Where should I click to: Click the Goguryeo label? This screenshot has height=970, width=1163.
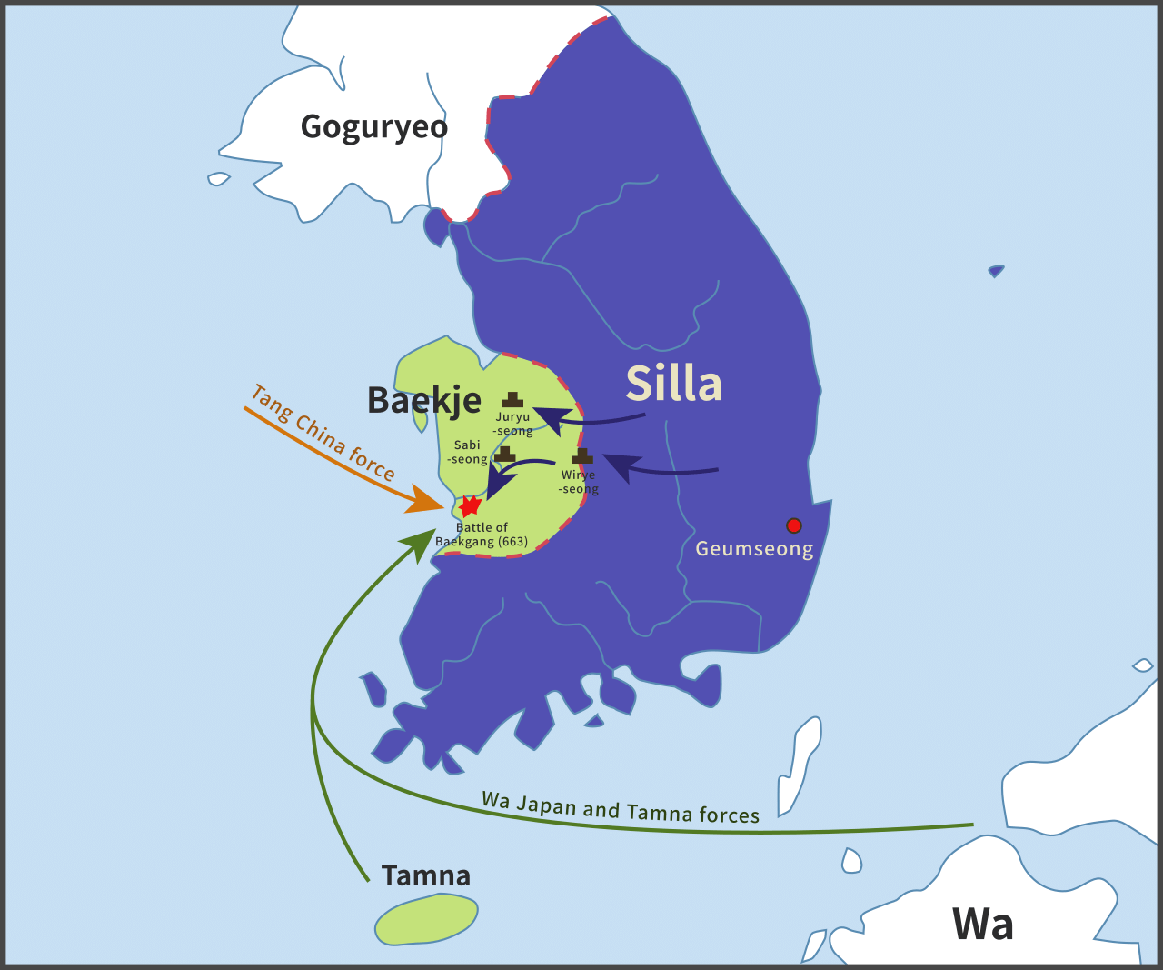tap(374, 127)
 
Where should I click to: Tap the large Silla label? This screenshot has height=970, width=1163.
tap(673, 384)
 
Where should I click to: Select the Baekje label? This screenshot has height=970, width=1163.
tap(423, 400)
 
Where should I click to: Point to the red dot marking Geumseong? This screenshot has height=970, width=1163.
tap(794, 525)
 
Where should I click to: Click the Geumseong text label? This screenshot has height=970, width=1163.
tap(754, 549)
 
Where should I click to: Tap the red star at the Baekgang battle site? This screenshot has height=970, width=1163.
tap(470, 506)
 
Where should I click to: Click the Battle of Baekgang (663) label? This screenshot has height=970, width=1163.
tap(482, 535)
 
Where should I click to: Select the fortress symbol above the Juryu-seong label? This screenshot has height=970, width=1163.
tap(512, 399)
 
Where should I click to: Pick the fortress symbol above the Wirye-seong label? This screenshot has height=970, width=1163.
tap(582, 456)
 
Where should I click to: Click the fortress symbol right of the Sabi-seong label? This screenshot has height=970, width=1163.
tap(505, 454)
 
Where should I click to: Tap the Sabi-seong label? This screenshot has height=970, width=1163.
tap(468, 452)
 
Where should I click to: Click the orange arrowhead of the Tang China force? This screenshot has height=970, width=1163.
tap(424, 501)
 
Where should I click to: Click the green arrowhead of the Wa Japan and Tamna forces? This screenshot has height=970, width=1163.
tap(420, 543)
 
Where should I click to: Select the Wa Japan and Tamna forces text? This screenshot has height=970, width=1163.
tap(621, 807)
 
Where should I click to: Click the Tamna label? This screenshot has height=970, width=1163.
tap(426, 876)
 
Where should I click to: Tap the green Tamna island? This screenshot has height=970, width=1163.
tap(426, 919)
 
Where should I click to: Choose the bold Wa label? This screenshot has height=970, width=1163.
tap(982, 925)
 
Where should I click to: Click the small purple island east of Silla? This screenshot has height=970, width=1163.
tap(997, 271)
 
